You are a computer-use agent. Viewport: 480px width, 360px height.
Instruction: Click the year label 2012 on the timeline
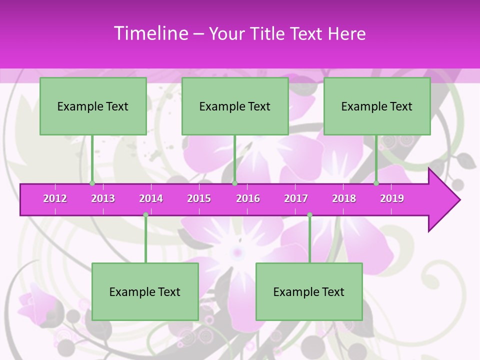pyautogui.click(x=55, y=198)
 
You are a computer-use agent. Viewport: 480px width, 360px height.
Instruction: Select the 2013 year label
pyautogui.click(x=103, y=198)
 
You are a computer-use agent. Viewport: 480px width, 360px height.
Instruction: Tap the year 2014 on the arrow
pyautogui.click(x=151, y=198)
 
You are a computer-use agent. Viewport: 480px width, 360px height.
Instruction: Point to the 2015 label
pyautogui.click(x=199, y=198)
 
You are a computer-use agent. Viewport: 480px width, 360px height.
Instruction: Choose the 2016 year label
pyautogui.click(x=248, y=198)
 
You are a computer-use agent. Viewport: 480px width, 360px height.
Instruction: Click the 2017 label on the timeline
pyautogui.click(x=296, y=198)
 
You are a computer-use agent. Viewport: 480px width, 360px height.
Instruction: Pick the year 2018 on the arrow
pyautogui.click(x=344, y=198)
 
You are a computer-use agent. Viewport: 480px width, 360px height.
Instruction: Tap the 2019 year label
pyautogui.click(x=392, y=198)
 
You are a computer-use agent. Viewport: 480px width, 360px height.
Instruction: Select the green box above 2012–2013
pyautogui.click(x=93, y=106)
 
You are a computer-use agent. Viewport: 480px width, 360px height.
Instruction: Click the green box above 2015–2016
pyautogui.click(x=235, y=106)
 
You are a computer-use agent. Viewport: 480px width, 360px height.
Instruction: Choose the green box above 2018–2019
pyautogui.click(x=377, y=106)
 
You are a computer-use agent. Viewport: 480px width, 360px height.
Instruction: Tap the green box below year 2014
pyautogui.click(x=145, y=291)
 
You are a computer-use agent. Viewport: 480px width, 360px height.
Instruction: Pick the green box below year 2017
pyautogui.click(x=309, y=291)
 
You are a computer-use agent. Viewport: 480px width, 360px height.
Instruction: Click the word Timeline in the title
pyautogui.click(x=150, y=33)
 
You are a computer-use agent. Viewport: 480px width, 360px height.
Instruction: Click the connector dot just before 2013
pyautogui.click(x=92, y=183)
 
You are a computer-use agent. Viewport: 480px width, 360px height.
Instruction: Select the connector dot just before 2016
pyautogui.click(x=234, y=183)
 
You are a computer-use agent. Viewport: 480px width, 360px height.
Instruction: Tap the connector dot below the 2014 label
pyautogui.click(x=145, y=215)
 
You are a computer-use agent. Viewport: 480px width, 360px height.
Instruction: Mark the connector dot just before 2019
pyautogui.click(x=376, y=183)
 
